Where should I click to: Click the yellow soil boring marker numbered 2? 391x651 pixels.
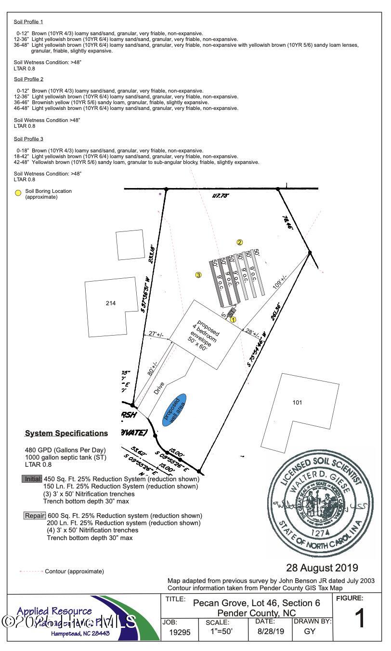click(239, 243)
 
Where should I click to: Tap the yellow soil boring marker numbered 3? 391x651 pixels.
click(198, 275)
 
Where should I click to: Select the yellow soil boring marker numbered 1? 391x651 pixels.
click(233, 319)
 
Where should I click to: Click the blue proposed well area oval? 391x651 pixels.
click(174, 409)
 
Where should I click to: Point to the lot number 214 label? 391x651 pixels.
click(111, 303)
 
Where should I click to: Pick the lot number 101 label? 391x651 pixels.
click(297, 403)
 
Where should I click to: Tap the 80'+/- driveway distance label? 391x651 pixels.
click(154, 368)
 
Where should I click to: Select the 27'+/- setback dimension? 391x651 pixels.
click(155, 334)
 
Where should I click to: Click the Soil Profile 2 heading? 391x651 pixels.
click(28, 79)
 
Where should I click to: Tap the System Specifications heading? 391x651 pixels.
click(66, 434)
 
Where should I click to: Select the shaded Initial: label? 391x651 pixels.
click(32, 479)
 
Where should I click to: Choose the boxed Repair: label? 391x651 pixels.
click(35, 515)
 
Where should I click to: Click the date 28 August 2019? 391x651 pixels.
click(322, 568)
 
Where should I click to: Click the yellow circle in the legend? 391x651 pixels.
click(18, 193)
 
